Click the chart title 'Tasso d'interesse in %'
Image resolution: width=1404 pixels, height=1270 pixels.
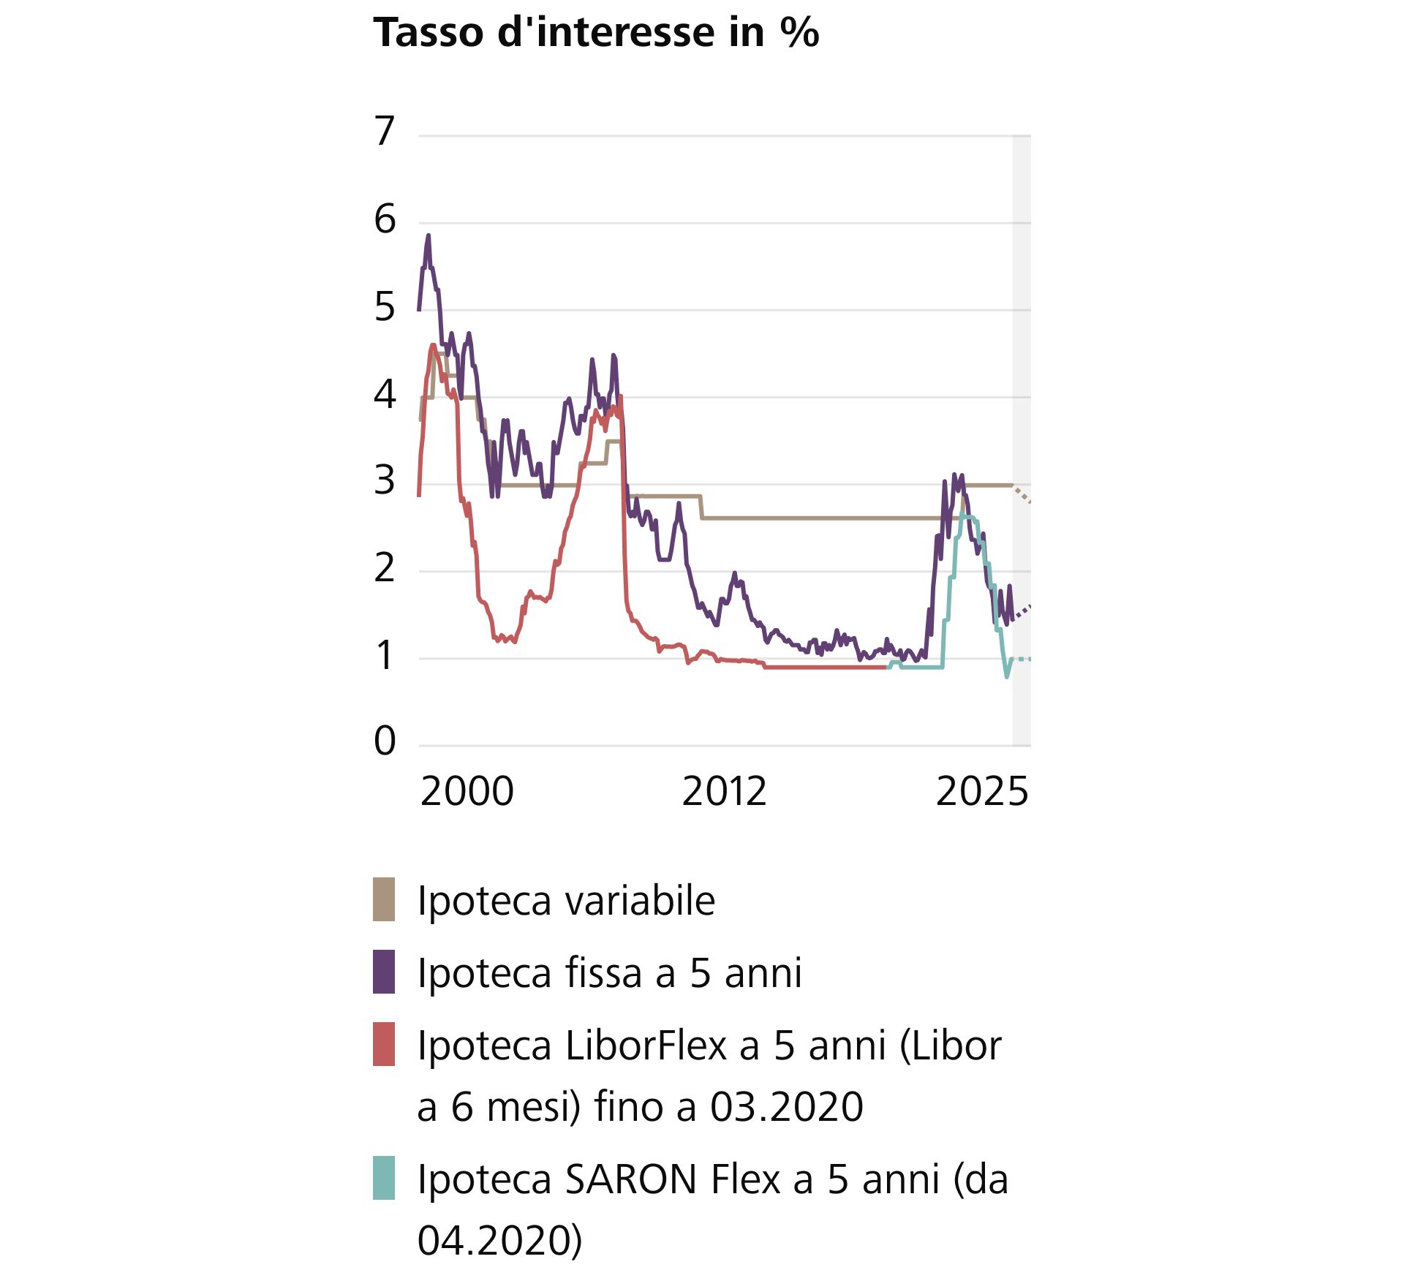(x=596, y=33)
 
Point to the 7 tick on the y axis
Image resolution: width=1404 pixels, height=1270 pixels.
(x=385, y=132)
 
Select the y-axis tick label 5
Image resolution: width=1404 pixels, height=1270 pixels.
(x=385, y=307)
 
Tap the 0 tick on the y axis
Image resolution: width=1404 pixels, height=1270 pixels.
(x=385, y=741)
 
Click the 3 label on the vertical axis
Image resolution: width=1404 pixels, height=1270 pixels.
(x=385, y=481)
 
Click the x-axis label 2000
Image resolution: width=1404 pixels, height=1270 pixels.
(x=467, y=792)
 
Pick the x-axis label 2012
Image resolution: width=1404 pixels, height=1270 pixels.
(x=724, y=792)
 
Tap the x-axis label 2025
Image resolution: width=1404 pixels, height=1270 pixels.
(x=981, y=792)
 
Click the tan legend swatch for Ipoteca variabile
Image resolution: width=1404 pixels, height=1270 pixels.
(x=384, y=899)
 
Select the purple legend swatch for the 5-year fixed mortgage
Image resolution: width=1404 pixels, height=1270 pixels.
(x=384, y=972)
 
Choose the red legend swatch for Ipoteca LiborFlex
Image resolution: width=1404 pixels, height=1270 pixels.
(x=384, y=1044)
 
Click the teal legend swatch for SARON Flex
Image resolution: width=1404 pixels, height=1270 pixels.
(x=384, y=1178)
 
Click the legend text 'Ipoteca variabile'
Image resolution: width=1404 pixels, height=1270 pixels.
(x=566, y=901)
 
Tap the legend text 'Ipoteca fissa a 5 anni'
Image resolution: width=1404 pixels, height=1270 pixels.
(x=609, y=973)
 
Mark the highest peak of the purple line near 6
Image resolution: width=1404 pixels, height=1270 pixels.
(x=429, y=236)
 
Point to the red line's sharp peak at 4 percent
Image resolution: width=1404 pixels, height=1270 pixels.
(x=621, y=397)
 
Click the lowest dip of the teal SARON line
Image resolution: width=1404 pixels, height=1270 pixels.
(x=1007, y=676)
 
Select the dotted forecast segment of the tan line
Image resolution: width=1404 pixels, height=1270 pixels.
(x=1022, y=494)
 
